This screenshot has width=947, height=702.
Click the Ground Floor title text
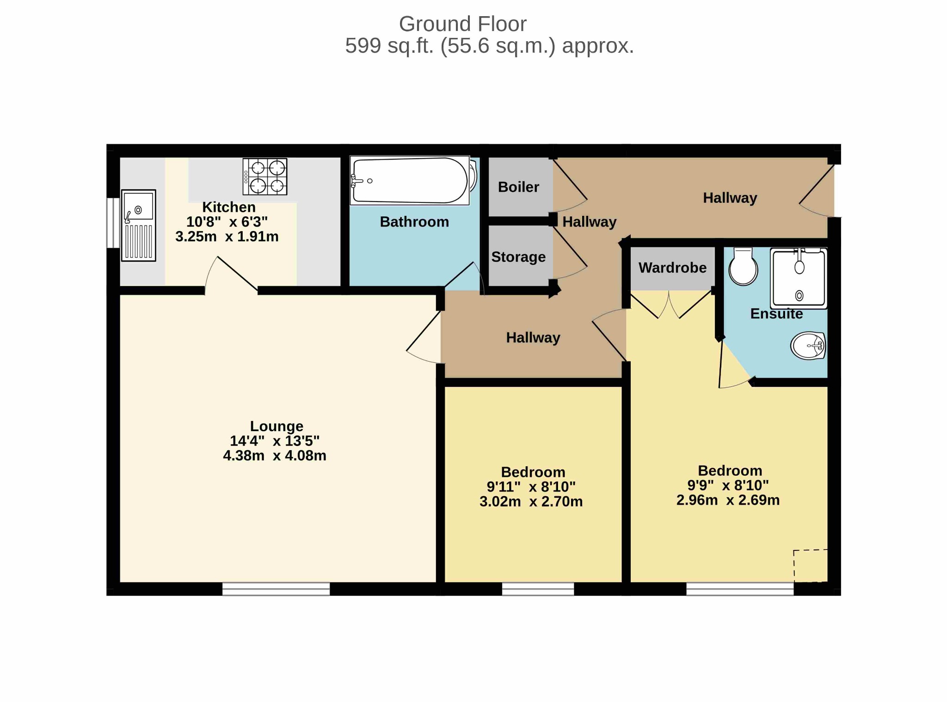click(462, 24)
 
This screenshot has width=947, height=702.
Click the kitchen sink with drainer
click(139, 226)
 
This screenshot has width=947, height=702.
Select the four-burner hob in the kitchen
click(265, 177)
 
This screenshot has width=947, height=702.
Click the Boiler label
click(518, 187)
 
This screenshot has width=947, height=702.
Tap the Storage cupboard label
click(518, 257)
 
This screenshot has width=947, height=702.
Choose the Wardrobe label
click(672, 268)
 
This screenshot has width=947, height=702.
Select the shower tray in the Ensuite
click(799, 279)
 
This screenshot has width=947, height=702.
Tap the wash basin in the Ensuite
click(808, 346)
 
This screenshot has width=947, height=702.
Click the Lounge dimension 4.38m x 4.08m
click(275, 456)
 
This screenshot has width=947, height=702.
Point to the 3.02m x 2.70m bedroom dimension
click(531, 501)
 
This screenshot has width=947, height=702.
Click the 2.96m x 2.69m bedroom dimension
click(728, 500)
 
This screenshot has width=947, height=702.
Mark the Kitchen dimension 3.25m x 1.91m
click(227, 237)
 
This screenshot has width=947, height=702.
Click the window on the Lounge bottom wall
click(276, 589)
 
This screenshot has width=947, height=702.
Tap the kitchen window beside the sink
click(113, 223)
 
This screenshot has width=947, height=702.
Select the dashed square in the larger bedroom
click(810, 566)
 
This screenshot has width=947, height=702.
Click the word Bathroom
click(414, 222)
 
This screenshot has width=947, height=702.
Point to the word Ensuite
click(776, 314)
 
